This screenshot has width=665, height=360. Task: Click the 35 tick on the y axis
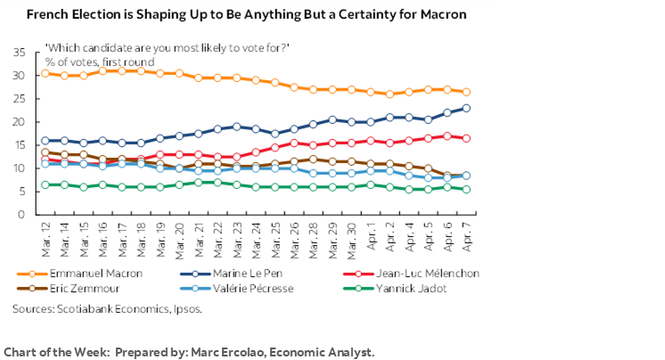coord(19,53)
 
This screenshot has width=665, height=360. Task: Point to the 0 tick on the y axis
coord(22,215)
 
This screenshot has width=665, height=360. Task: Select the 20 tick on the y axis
coord(19,122)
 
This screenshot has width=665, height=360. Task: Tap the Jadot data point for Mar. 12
coord(45,184)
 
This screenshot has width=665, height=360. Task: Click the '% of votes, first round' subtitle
coord(99,61)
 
